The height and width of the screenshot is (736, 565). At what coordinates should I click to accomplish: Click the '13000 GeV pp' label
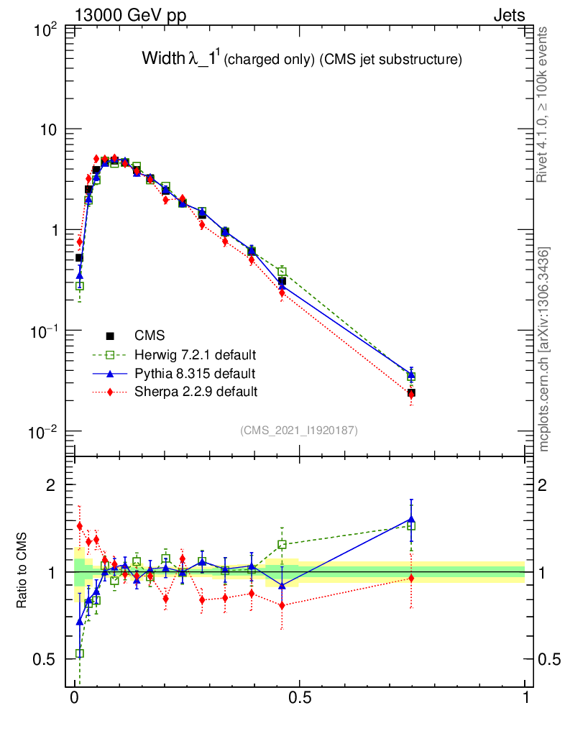[130, 16]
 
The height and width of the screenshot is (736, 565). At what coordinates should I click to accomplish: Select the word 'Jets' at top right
[508, 16]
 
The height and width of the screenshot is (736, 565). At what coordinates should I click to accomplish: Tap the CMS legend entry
[150, 336]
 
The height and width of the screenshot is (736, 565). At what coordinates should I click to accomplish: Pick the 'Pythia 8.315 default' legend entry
[194, 374]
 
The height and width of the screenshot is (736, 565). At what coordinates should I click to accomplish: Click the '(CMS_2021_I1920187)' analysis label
[299, 430]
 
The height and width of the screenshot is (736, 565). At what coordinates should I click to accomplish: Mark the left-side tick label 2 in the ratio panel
[51, 485]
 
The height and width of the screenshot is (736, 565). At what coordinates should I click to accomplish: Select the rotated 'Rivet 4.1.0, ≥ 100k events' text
[543, 103]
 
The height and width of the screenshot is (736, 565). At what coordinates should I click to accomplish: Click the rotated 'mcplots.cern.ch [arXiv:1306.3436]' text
[544, 349]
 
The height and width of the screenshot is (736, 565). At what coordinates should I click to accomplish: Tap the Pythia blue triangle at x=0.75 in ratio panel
[411, 519]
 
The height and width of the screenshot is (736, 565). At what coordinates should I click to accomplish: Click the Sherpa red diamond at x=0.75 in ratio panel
[411, 578]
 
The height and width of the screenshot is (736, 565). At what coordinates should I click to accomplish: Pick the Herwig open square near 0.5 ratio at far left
[80, 653]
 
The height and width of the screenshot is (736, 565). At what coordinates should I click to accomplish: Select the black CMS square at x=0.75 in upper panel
[411, 393]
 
